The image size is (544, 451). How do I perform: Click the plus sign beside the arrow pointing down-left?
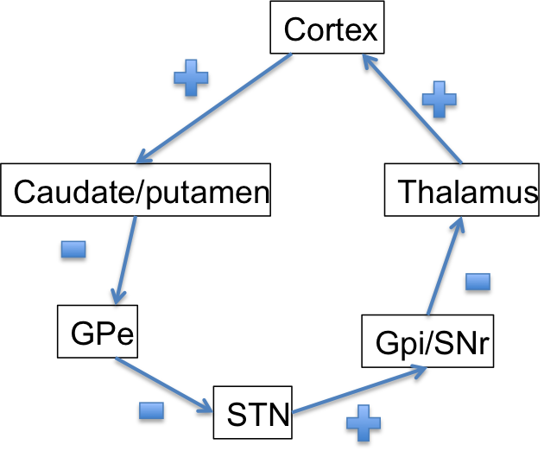191,78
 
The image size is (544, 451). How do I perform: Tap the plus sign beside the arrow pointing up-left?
439,99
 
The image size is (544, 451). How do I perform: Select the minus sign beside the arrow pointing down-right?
151,410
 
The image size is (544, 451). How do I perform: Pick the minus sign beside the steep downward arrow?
73,249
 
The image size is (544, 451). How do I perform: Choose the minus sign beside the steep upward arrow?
478,282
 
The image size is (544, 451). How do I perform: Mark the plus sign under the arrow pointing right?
363,422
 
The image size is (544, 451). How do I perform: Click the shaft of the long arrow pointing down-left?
216,107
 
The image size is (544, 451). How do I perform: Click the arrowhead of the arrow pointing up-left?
366,59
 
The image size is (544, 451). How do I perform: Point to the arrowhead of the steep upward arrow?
460,221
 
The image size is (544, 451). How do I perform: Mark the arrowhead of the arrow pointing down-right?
207,409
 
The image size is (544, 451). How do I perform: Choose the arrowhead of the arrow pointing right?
421,369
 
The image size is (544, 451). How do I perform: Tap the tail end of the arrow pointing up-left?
461,162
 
